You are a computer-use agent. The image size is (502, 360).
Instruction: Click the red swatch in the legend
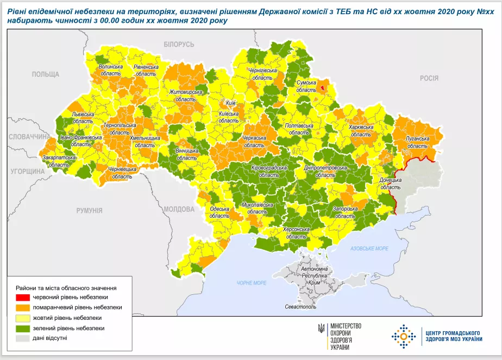click(x=23, y=298)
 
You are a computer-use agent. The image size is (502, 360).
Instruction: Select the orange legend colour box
click(x=23, y=307)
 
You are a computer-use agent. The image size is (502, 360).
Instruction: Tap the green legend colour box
click(x=23, y=328)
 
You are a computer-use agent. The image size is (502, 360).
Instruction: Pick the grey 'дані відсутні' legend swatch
click(x=23, y=338)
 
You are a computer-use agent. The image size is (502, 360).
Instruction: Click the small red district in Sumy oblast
click(x=323, y=86)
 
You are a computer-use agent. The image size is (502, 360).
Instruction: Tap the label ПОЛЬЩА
click(x=45, y=74)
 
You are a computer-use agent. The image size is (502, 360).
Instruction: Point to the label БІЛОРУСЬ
click(x=179, y=44)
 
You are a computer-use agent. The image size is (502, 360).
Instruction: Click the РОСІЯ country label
click(x=429, y=78)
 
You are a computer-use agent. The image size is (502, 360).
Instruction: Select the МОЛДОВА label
click(x=179, y=209)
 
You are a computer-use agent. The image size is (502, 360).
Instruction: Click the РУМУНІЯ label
click(x=90, y=210)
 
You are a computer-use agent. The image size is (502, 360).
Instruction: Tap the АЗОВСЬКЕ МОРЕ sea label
click(x=370, y=248)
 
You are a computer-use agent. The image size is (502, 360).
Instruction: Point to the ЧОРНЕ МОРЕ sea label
click(x=251, y=283)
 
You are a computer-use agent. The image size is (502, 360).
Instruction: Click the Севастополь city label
click(x=300, y=307)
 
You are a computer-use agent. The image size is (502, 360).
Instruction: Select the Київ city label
click(x=230, y=103)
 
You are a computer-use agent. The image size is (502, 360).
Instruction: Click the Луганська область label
click(x=417, y=142)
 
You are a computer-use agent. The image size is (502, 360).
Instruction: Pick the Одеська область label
click(x=219, y=212)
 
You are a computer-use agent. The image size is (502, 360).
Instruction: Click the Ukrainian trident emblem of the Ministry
click(x=322, y=329)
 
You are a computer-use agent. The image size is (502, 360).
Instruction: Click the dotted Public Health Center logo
click(x=403, y=336)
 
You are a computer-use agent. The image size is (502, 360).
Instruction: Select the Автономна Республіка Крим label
click(x=315, y=276)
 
